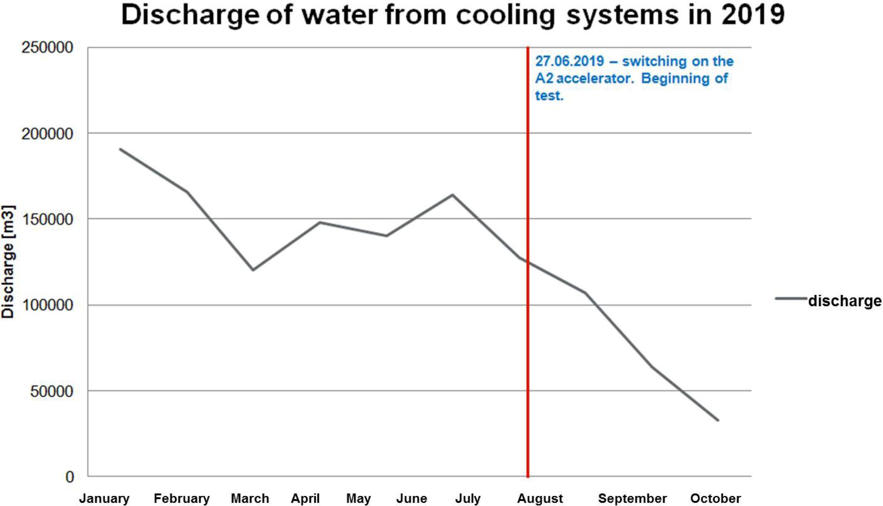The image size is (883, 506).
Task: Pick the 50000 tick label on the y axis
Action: click(x=52, y=391)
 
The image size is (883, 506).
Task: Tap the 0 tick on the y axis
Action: click(x=70, y=477)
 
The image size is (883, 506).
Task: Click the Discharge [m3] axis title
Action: click(x=8, y=262)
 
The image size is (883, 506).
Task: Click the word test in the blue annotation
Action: click(x=549, y=95)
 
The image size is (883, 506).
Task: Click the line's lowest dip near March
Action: click(x=253, y=270)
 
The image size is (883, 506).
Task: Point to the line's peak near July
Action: click(x=452, y=195)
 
